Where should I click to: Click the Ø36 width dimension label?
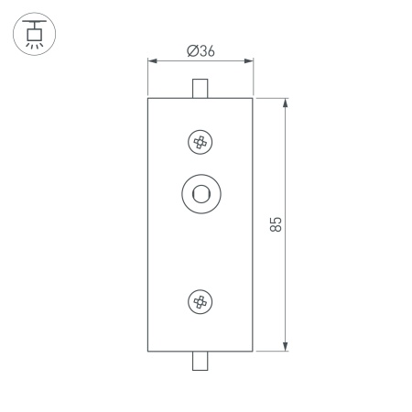click(x=201, y=51)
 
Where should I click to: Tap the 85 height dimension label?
click(x=276, y=224)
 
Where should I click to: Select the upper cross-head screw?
click(x=201, y=142)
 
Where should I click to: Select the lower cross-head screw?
click(x=201, y=301)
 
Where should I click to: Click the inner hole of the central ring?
click(x=201, y=194)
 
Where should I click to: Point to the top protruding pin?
click(x=201, y=88)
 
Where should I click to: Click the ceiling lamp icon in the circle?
click(x=34, y=34)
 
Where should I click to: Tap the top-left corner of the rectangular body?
click(x=148, y=97)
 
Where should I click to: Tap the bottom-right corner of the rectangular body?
click(x=254, y=351)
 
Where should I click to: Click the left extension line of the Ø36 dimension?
click(x=148, y=78)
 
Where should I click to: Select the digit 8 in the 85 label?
click(x=276, y=229)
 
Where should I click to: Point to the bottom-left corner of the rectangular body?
click(x=148, y=351)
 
